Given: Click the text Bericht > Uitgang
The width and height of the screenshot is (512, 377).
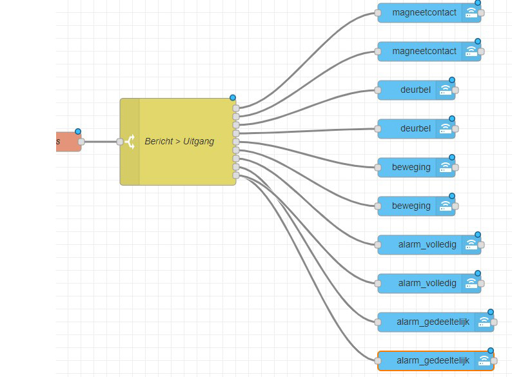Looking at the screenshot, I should click(x=179, y=141).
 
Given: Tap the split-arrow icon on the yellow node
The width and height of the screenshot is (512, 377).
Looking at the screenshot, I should click(x=130, y=142).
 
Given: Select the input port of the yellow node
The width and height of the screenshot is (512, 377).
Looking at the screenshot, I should click(x=120, y=142).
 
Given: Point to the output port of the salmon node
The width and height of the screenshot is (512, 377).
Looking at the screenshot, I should click(x=81, y=142).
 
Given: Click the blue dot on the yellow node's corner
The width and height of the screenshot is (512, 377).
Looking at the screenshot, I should click(x=233, y=98).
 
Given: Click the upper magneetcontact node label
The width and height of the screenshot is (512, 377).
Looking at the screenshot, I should click(x=424, y=13).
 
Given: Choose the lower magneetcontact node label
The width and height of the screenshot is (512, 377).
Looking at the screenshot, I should click(x=424, y=52).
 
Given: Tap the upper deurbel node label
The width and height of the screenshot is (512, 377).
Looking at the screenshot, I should click(x=415, y=90).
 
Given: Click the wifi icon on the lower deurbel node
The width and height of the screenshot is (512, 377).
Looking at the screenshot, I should click(x=446, y=129).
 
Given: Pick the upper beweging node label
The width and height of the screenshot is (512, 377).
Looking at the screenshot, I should click(x=411, y=168).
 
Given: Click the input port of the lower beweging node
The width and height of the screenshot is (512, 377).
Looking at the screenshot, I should click(x=378, y=206).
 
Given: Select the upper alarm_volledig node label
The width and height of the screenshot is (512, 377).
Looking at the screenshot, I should click(x=427, y=245).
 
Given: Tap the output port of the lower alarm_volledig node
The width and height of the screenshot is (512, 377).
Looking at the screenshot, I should click(x=481, y=284).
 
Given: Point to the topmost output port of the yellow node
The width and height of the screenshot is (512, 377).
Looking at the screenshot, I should click(x=236, y=108).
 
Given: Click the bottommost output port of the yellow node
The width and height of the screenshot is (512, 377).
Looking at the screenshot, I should click(x=236, y=175).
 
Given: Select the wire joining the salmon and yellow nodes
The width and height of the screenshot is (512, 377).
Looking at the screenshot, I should click(x=101, y=142).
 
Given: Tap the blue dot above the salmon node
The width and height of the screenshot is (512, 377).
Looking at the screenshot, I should click(x=78, y=131).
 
